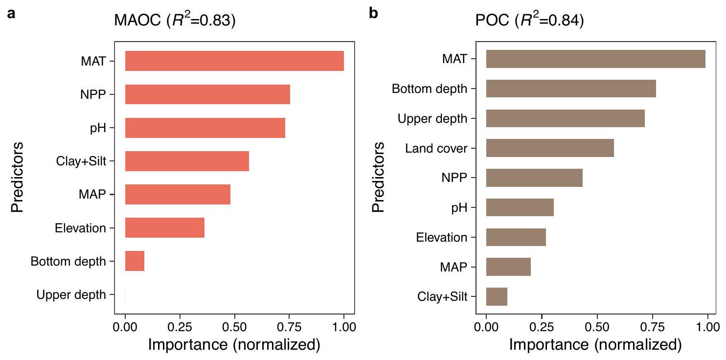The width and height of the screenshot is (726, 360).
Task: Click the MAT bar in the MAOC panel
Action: coord(234,61)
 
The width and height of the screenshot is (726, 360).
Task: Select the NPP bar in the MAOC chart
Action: coord(207,94)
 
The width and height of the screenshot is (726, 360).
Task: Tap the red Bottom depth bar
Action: coord(135,261)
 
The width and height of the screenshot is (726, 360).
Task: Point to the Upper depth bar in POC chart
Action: coord(565,118)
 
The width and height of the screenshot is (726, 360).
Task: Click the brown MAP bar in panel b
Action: coord(508,267)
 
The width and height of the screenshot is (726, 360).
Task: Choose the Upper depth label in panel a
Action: coord(71,294)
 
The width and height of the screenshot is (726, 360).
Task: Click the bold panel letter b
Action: coord(374,13)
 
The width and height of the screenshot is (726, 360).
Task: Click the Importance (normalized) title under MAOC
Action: coord(234,345)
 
